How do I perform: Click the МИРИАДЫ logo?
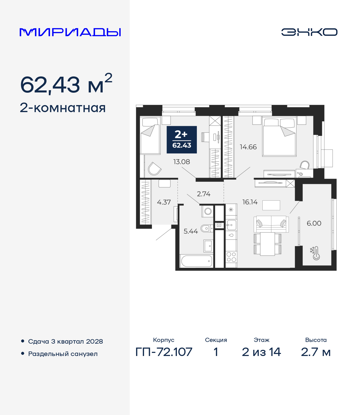pyautogui.click(x=70, y=32)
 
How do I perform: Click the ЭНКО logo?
pyautogui.click(x=309, y=32)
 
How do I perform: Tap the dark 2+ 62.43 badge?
pyautogui.click(x=182, y=140)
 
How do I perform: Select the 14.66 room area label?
pyautogui.click(x=248, y=147)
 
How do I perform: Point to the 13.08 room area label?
pyautogui.click(x=181, y=162)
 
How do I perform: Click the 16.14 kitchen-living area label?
pyautogui.click(x=250, y=202)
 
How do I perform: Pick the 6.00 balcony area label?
pyautogui.click(x=314, y=223)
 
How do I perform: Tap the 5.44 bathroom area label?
pyautogui.click(x=191, y=231)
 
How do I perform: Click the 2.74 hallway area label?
pyautogui.click(x=203, y=194)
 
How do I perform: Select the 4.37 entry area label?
pyautogui.click(x=164, y=202)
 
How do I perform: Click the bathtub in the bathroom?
pyautogui.click(x=196, y=261)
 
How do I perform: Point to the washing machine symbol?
pyautogui.click(x=208, y=211)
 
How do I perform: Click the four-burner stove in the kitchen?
pyautogui.click(x=231, y=257)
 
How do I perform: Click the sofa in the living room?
pyautogui.click(x=271, y=224)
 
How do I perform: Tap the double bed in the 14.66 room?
pyautogui.click(x=279, y=137)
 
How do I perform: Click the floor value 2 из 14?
pyautogui.click(x=261, y=352)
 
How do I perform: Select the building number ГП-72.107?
pyautogui.click(x=164, y=352)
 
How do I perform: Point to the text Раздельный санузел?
pyautogui.click(x=63, y=354)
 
